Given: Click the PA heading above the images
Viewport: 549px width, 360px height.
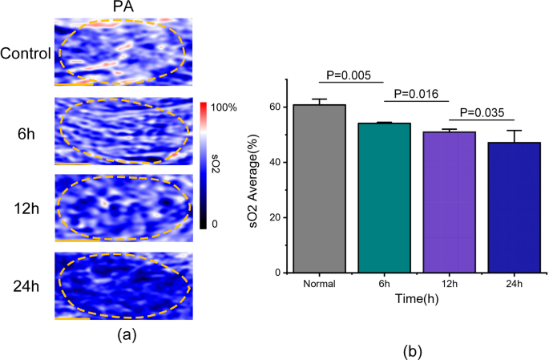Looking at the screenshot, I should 124,7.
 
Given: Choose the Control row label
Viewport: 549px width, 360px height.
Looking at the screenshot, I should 26,55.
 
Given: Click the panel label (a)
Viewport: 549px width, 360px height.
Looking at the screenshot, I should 125,334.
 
